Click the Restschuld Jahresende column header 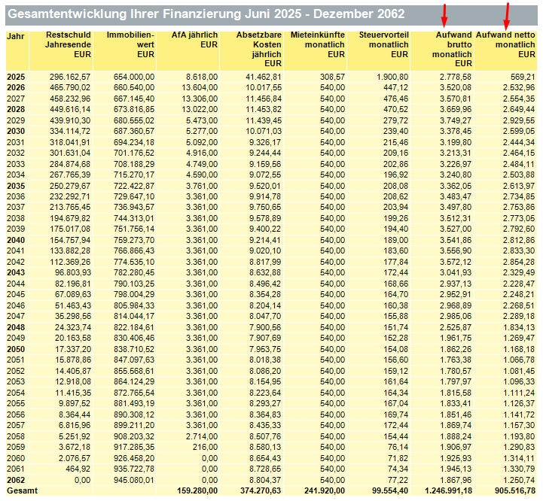(x=69, y=44)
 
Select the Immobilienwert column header (x=130, y=44)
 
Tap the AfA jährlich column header (x=194, y=40)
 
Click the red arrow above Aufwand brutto (x=444, y=16)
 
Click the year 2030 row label (x=16, y=131)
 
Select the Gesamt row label (x=22, y=490)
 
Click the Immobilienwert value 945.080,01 (x=134, y=480)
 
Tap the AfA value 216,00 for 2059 (x=205, y=447)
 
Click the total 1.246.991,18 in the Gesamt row (x=448, y=490)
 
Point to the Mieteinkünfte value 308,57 (x=332, y=77)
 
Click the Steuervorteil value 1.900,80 (x=392, y=77)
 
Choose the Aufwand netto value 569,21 (x=523, y=77)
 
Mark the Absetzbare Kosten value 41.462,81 (x=264, y=77)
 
